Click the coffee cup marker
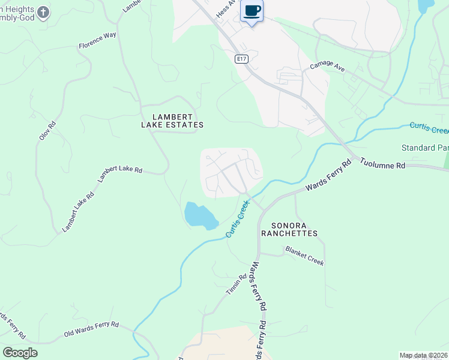coord(252,11)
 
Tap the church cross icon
coord(43,11)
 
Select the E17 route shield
coord(241,59)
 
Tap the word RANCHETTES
coord(289,233)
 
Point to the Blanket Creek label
coord(304,255)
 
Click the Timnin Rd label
coord(237,285)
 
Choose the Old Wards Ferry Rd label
coord(91,329)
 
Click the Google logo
coord(20,353)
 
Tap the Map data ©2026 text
coord(423,355)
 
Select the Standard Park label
coord(425,148)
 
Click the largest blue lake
coord(200,215)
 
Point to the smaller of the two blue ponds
coord(426,5)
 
